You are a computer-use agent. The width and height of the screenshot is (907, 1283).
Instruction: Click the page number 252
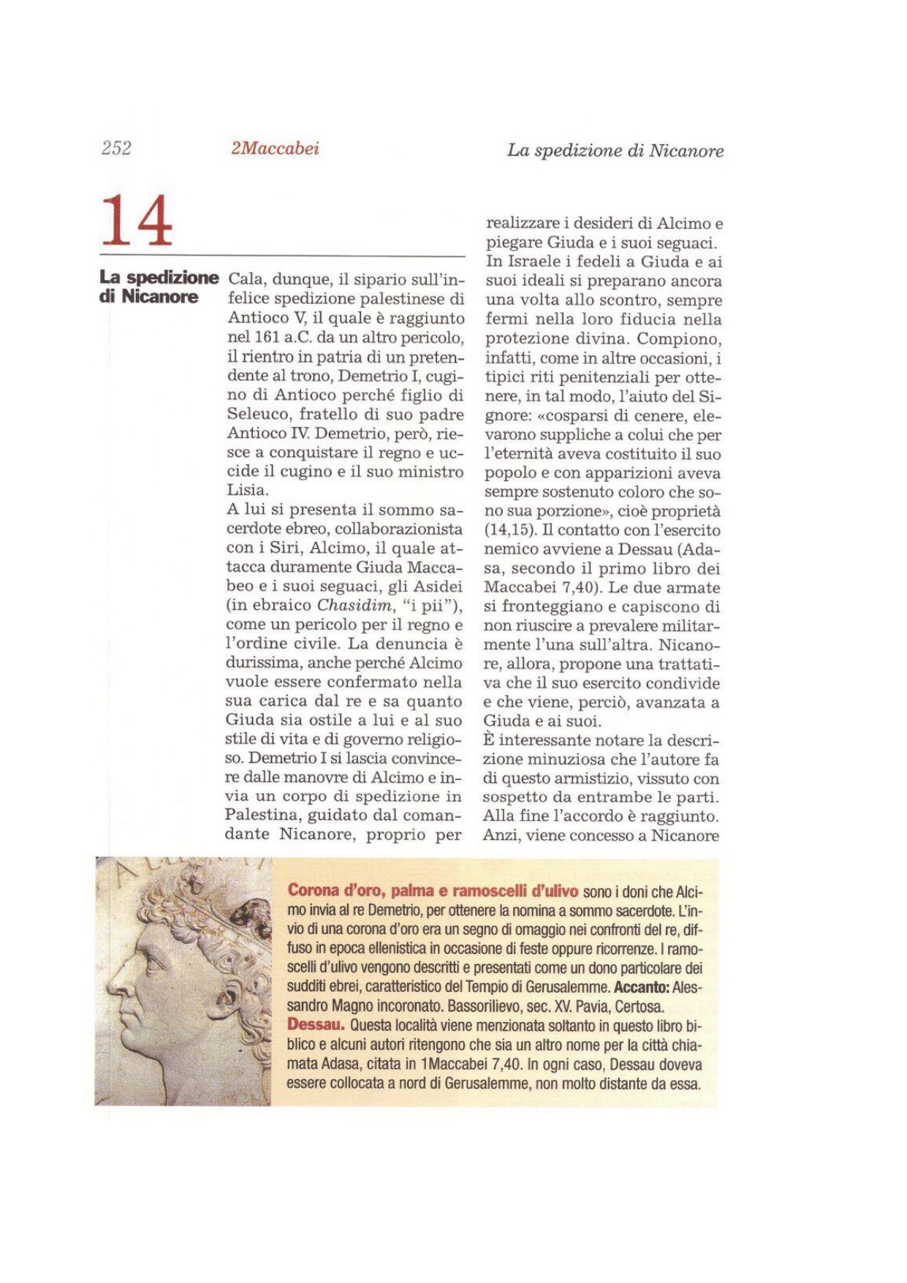117,148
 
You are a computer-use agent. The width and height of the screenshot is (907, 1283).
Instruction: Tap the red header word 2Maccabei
275,148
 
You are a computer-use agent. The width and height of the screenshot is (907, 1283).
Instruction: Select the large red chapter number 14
137,221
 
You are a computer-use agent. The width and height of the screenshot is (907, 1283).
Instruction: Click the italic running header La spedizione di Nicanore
615,151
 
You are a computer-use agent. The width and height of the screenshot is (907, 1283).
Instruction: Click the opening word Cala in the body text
246,280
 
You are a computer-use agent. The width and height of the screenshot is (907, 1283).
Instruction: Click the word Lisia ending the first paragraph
246,491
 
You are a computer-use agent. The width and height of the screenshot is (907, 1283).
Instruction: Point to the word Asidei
437,586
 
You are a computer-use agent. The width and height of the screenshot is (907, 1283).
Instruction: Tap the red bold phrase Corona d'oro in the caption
335,890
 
